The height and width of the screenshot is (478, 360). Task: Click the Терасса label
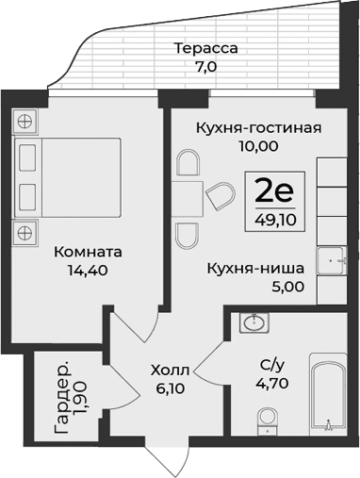point(205,48)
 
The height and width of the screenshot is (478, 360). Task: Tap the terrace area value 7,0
point(205,66)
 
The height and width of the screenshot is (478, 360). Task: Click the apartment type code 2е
point(275,192)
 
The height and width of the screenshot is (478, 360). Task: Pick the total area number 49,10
point(275,220)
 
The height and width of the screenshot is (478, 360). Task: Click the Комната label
point(88,253)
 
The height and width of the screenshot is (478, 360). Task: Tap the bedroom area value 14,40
point(88,271)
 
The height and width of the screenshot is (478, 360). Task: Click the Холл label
point(171,371)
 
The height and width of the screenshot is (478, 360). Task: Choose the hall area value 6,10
point(171,388)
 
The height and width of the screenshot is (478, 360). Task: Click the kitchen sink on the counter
point(332,258)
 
